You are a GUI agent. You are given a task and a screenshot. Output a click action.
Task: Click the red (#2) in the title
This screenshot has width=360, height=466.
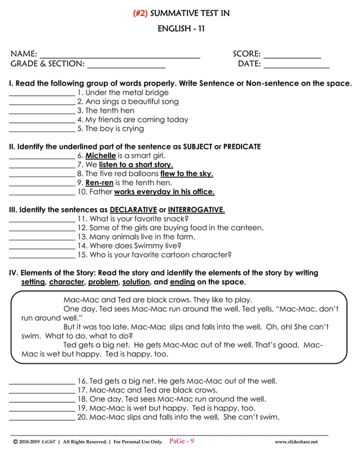point(141,14)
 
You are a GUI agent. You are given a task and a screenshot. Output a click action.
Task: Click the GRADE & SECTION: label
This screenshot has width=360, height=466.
point(47,64)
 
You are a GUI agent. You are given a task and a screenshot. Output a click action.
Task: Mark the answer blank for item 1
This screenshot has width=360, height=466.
point(42,94)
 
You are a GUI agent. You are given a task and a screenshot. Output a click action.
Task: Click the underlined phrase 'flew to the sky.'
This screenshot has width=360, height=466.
point(187,174)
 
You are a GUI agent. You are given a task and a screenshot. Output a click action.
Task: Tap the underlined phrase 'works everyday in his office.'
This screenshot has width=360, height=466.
point(164,192)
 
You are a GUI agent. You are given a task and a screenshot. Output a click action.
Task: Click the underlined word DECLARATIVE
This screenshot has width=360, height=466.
point(133,210)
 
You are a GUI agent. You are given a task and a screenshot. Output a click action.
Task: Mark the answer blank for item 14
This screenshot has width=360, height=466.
point(42,248)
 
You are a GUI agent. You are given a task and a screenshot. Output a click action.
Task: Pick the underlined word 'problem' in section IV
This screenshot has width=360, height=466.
point(103,282)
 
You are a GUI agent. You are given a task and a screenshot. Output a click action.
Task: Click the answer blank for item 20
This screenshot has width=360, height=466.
point(42,419)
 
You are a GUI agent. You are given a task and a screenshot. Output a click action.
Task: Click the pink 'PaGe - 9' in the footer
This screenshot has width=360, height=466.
point(182,441)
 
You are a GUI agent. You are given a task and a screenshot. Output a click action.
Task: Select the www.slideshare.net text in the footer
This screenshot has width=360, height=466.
point(296,442)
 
